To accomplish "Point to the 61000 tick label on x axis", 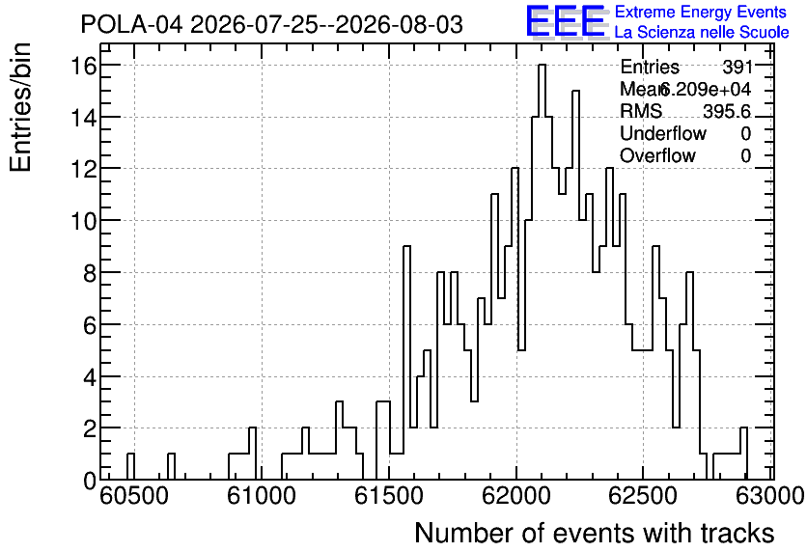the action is tap(262, 496).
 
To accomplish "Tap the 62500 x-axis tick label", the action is tap(643, 496).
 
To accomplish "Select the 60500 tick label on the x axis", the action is tap(134, 496).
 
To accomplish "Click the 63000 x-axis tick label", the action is tap(770, 496).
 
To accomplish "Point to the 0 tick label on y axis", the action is tap(90, 480).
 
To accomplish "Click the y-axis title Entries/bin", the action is tap(21, 108).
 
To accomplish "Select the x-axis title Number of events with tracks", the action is tap(595, 533).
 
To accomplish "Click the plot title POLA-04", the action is tap(131, 25).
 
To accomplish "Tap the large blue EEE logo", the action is tap(565, 21).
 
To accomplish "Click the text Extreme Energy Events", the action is tap(701, 12).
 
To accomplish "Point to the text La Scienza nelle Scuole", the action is tap(702, 32).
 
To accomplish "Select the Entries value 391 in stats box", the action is tap(737, 67).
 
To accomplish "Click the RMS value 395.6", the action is tap(727, 111).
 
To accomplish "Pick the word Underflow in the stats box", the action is tap(663, 134).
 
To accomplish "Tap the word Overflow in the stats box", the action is tap(657, 156).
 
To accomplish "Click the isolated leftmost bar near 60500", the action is tap(130, 467).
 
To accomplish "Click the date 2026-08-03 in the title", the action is tap(399, 25).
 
